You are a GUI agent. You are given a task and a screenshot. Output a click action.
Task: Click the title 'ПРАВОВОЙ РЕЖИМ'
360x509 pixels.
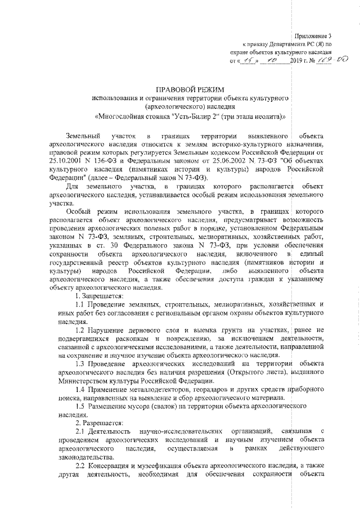click(x=190, y=89)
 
